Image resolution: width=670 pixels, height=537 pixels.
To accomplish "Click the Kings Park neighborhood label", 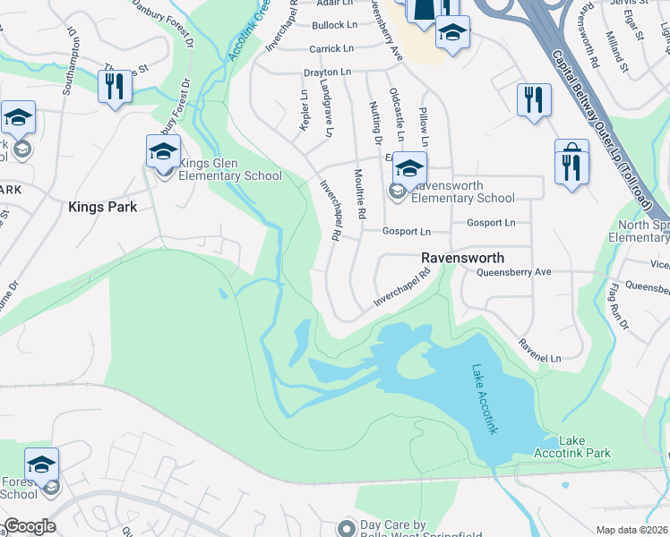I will click(102, 207).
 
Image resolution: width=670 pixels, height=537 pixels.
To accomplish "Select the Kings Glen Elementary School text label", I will click(230, 169).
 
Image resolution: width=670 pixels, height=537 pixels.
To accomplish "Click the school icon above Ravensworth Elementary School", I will click(408, 167).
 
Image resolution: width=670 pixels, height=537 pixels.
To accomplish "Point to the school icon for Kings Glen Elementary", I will click(163, 151).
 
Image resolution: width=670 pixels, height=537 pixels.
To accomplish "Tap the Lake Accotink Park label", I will click(584, 447).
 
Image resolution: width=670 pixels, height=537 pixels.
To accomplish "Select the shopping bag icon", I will click(571, 164).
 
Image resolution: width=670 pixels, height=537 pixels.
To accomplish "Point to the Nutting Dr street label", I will click(374, 123).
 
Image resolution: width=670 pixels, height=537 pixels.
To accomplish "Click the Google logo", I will click(30, 526).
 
